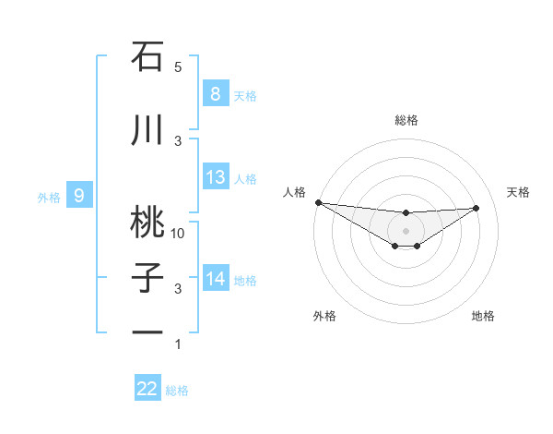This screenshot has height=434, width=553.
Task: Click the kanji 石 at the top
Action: (x=147, y=57)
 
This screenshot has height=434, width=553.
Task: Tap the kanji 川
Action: (x=147, y=130)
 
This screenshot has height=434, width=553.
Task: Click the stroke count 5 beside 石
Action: (x=178, y=67)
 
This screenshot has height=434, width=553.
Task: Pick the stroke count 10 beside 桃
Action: (x=178, y=233)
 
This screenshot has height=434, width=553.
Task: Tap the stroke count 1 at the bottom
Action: (x=178, y=344)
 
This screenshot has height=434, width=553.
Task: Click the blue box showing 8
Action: (x=215, y=94)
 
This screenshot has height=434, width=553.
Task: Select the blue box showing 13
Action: (x=215, y=177)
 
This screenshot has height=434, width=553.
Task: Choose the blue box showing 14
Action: (x=215, y=278)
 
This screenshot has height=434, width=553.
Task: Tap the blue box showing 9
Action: (x=79, y=195)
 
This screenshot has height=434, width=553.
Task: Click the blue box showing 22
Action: (x=147, y=389)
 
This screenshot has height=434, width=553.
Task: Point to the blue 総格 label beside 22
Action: (x=177, y=391)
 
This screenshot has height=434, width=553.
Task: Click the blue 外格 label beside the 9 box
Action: (x=48, y=197)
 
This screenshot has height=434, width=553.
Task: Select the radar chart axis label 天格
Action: (x=518, y=192)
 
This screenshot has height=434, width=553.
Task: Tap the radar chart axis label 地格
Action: (x=483, y=316)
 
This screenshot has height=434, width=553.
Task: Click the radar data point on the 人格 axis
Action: (x=318, y=202)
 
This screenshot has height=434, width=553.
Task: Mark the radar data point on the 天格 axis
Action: (x=477, y=208)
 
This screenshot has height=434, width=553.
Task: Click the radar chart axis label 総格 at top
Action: (x=406, y=120)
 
